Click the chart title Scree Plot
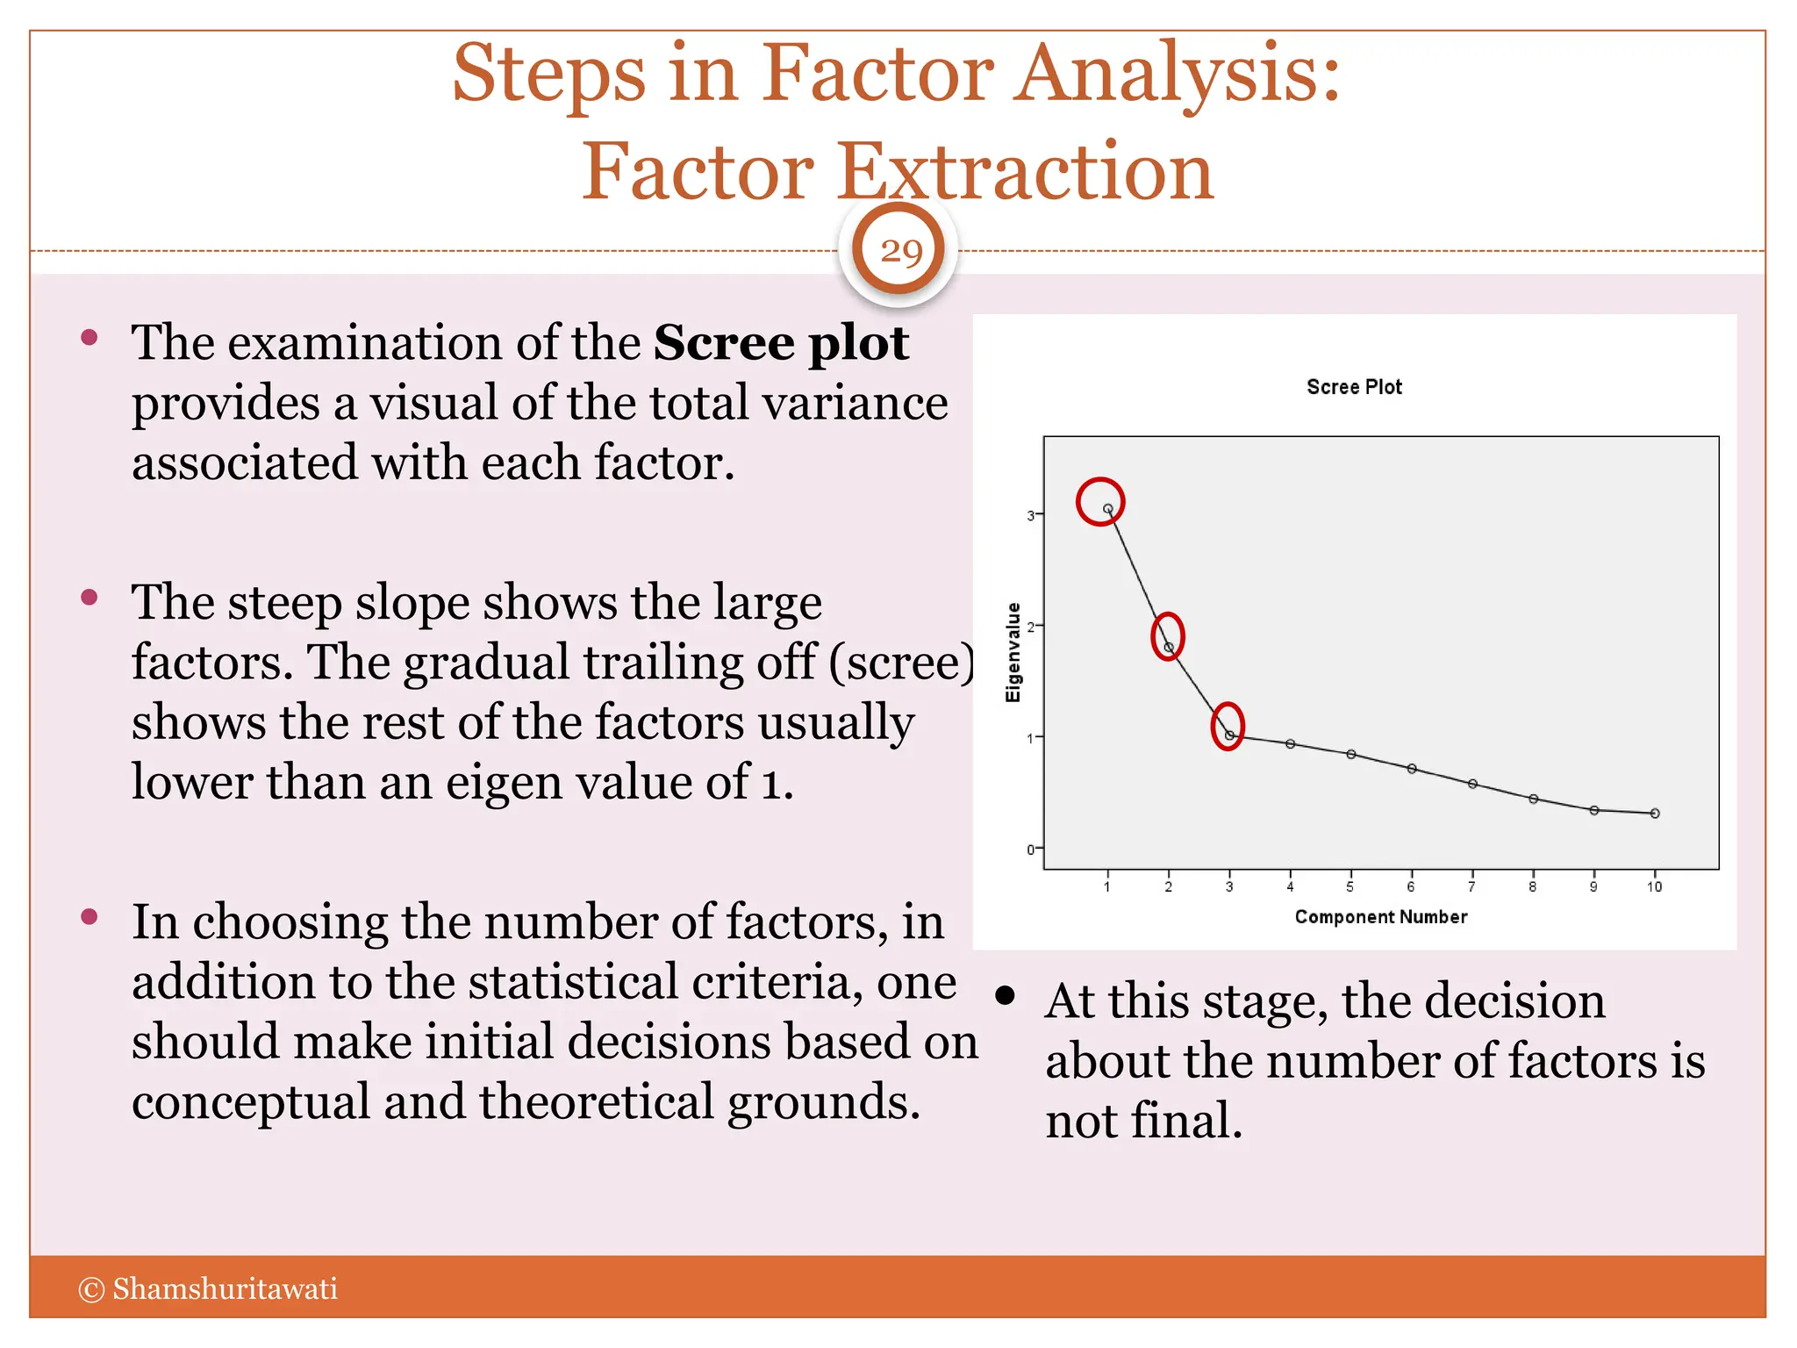click(1354, 387)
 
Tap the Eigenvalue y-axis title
click(1013, 652)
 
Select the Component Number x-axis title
click(1380, 917)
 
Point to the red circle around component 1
click(1100, 501)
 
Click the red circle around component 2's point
click(1168, 636)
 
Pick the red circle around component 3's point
click(1228, 727)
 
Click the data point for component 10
click(1655, 814)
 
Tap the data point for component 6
click(1412, 769)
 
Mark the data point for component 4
click(1291, 744)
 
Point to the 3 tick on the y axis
click(1031, 516)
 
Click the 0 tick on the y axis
click(1031, 850)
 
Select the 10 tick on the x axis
click(1654, 887)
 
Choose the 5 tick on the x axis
click(1350, 887)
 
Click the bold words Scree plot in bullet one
click(780, 343)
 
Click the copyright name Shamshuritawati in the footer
click(225, 1288)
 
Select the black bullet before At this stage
click(1006, 996)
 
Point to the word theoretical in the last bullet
click(596, 1101)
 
